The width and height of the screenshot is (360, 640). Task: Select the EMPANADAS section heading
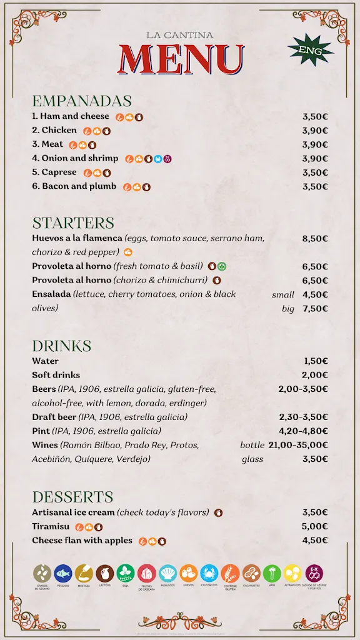pos(82,101)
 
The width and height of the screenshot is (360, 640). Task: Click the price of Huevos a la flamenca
pos(315,238)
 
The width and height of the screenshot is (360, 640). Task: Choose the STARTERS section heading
pos(73,223)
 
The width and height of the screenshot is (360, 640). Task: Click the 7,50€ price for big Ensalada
pos(315,308)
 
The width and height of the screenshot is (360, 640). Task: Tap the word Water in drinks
pos(45,361)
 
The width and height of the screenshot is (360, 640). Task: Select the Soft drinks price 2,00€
pos(315,375)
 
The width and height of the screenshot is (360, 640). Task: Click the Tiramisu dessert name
pos(51,526)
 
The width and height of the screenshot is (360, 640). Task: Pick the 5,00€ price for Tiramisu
pos(315,526)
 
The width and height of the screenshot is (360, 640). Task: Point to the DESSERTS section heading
pos(72,497)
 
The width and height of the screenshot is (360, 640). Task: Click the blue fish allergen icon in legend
pos(63,573)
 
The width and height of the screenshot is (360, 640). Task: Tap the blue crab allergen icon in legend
pos(209,573)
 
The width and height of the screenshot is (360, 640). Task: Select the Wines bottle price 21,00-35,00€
pos(298,445)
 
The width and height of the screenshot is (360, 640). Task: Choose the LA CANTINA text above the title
pos(180,36)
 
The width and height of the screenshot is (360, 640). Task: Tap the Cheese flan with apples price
pos(315,541)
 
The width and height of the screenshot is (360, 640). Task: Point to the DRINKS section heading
pos(61,346)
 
